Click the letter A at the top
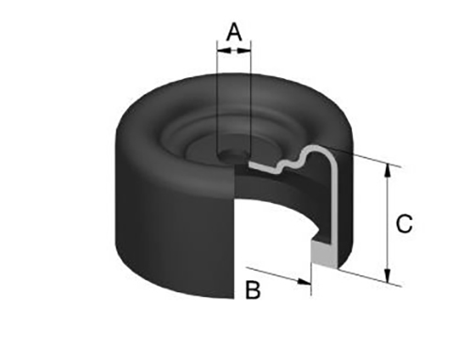point(234,32)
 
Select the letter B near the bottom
point(252,290)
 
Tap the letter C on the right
point(404,224)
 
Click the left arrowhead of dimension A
point(223,50)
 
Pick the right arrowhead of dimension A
point(245,50)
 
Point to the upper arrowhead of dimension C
point(388,171)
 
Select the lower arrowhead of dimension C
point(388,274)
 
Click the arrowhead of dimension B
point(304,281)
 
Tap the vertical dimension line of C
point(388,223)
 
